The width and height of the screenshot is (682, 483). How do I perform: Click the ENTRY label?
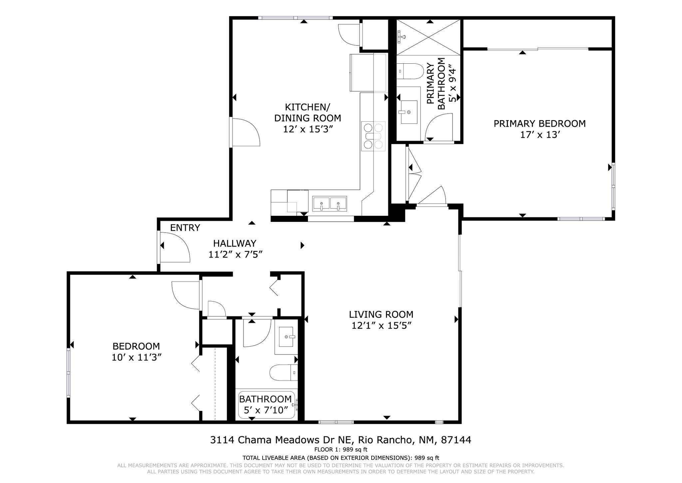(185, 228)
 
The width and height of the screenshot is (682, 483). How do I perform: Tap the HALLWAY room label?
(235, 244)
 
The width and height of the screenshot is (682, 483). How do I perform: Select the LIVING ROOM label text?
(381, 315)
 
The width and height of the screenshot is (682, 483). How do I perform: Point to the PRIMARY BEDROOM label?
(539, 124)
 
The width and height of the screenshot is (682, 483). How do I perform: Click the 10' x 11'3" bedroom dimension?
(137, 358)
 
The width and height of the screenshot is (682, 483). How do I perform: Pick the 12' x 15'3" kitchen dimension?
(308, 129)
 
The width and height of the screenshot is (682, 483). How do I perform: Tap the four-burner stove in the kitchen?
(373, 136)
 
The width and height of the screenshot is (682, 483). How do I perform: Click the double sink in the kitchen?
(330, 204)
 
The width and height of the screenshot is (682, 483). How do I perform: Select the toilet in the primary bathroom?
(410, 71)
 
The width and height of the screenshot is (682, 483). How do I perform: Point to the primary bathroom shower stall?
(429, 37)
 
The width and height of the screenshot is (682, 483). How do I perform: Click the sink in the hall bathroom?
(286, 337)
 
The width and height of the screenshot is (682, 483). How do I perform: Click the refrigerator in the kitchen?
(368, 72)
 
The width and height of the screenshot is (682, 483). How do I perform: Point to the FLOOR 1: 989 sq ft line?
(341, 450)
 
